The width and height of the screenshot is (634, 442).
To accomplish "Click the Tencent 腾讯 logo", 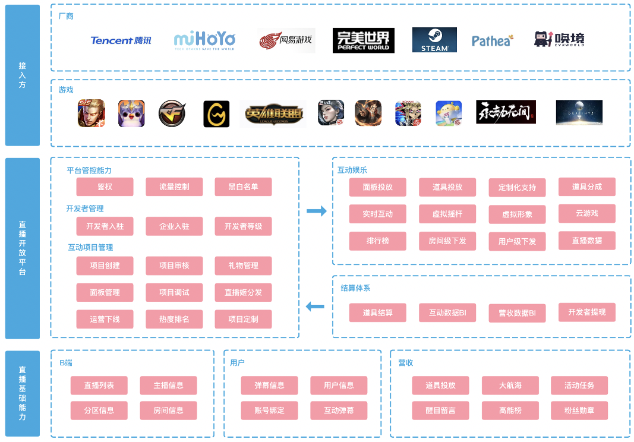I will coord(121,40).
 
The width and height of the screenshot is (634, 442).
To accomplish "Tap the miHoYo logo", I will coord(204,40).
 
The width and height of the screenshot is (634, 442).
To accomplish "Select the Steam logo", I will coord(434,40).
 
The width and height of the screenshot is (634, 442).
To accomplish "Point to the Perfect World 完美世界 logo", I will coord(363,40).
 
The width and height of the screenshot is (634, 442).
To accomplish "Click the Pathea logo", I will coord(492,40).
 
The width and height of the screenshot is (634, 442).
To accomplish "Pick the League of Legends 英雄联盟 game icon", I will coord(273,113).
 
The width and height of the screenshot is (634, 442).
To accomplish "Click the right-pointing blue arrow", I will coord(317,211).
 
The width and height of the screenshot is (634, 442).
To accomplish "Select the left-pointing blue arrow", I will coord(315,307).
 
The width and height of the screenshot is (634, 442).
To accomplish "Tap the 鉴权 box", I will coord(105,187).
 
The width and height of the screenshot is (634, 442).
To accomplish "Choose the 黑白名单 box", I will coord(243,187).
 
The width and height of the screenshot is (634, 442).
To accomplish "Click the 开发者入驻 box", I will coord(105,226).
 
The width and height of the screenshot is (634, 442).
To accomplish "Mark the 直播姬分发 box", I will coord(243,292).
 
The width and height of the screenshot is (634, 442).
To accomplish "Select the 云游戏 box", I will coord(586,213).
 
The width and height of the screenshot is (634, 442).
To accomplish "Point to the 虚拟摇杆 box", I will coord(447,214).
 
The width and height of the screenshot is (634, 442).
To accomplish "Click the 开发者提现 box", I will coord(586,312).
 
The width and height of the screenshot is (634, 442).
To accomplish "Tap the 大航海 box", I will coord(510,385).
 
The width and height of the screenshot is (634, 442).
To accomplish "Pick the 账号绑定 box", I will coord(269,410).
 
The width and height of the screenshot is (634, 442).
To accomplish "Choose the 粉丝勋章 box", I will coord(579,410).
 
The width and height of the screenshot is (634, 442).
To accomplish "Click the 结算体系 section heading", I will coord(355,288).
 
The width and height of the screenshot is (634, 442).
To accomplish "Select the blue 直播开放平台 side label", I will coord(22,248).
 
